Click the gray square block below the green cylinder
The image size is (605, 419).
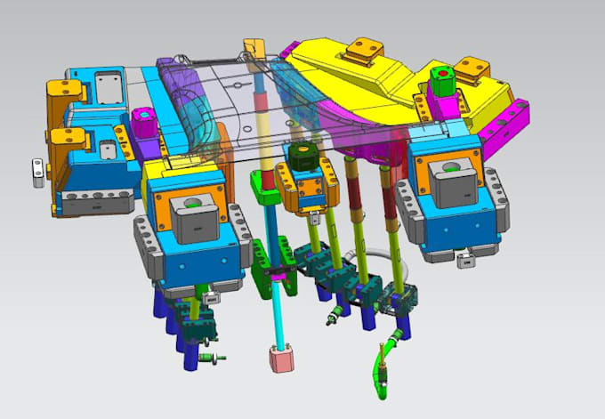[448, 178]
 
